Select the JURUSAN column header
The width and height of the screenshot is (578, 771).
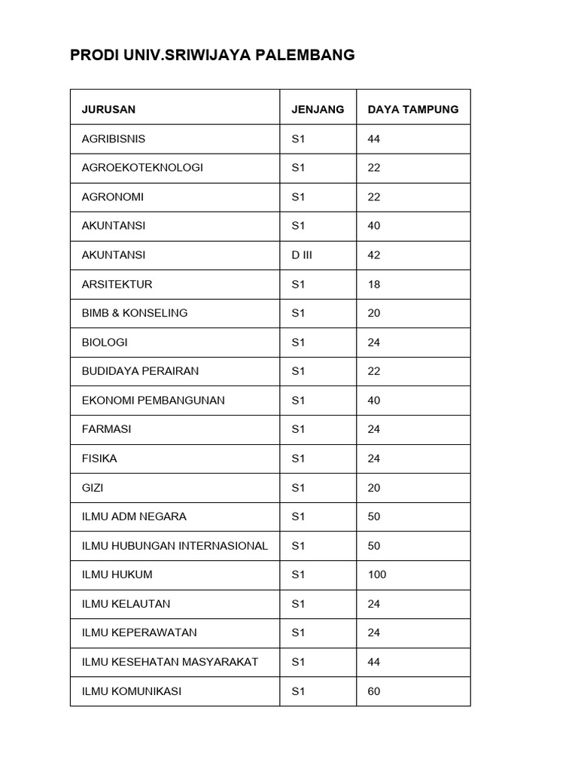point(108,109)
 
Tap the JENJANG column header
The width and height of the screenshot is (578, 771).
point(318,109)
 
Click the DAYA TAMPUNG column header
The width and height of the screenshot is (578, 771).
point(412,109)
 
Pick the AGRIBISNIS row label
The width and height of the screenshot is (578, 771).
point(113,139)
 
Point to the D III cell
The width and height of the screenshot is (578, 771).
point(301,254)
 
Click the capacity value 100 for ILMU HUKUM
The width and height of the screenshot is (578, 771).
point(376,574)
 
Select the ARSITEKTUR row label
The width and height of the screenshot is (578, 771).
point(117,284)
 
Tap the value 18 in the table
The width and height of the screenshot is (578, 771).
point(374,284)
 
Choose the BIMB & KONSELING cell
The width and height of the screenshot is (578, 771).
point(134,312)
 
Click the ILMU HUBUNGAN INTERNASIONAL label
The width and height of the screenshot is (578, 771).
point(175,546)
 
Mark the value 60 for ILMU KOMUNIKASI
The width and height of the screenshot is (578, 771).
point(374,691)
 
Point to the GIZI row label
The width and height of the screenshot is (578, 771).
point(93,487)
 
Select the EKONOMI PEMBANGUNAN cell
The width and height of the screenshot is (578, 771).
point(153,400)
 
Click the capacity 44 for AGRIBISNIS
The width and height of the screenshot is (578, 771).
point(374,139)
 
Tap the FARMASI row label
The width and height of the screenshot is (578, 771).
point(106,429)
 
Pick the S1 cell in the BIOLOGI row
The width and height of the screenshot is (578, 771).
point(298,342)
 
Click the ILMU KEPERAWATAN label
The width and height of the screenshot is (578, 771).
point(139,632)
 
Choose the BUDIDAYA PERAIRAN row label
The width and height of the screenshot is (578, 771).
point(140,371)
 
